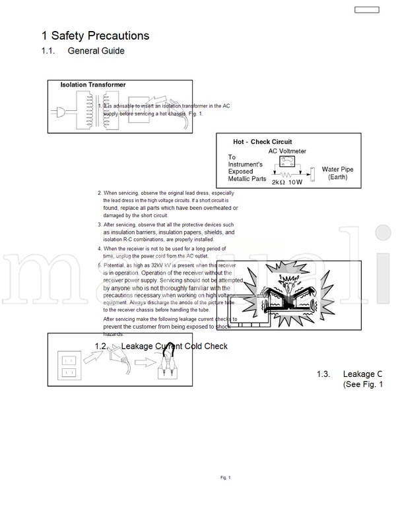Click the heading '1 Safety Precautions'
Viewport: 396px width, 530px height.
[x=95, y=36]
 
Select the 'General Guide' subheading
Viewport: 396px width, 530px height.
[x=96, y=51]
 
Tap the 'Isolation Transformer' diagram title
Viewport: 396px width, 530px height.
[x=93, y=85]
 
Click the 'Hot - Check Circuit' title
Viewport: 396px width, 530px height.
[x=262, y=142]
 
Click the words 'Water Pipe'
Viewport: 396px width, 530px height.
[x=337, y=170]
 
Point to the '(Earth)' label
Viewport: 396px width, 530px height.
[x=338, y=178]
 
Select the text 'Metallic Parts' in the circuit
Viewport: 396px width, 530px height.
[x=247, y=179]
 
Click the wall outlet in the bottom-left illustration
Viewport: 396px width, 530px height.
[x=69, y=366]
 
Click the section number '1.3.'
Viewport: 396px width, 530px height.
[x=323, y=374]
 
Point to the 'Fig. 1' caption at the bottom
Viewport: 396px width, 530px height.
[x=226, y=477]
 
